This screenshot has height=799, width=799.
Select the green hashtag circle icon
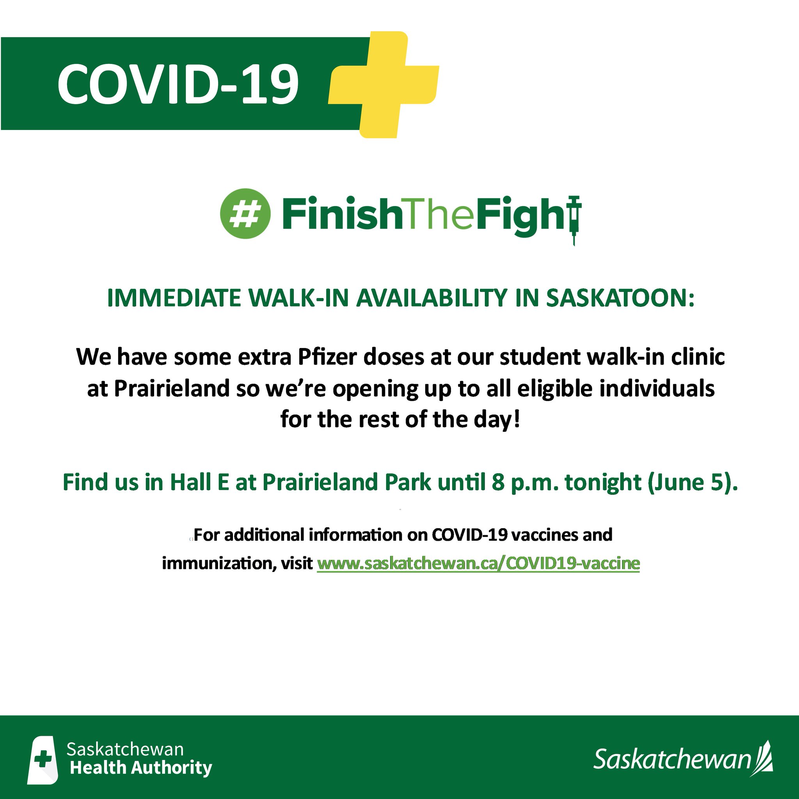click(x=245, y=213)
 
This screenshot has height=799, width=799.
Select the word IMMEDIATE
click(x=174, y=298)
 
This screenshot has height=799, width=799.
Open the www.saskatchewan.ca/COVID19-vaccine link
click(x=478, y=563)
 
